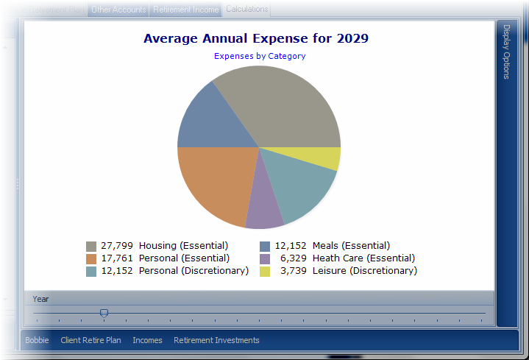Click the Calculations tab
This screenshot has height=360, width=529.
(x=246, y=10)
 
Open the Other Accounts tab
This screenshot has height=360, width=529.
(x=118, y=10)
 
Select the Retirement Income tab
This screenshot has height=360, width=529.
(x=185, y=10)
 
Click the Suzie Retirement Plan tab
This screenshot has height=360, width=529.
(x=45, y=10)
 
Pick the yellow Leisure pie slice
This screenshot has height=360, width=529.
(x=324, y=158)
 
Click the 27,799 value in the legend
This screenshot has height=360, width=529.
(x=117, y=246)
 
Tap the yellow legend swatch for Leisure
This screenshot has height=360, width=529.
(x=265, y=272)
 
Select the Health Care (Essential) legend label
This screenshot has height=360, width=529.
(x=363, y=258)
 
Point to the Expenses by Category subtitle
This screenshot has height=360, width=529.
(x=260, y=56)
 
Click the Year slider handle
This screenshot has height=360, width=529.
(x=104, y=314)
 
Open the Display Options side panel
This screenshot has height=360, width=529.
(x=507, y=52)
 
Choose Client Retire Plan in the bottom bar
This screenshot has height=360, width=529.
(x=90, y=340)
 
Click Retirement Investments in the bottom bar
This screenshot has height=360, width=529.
(x=216, y=340)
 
